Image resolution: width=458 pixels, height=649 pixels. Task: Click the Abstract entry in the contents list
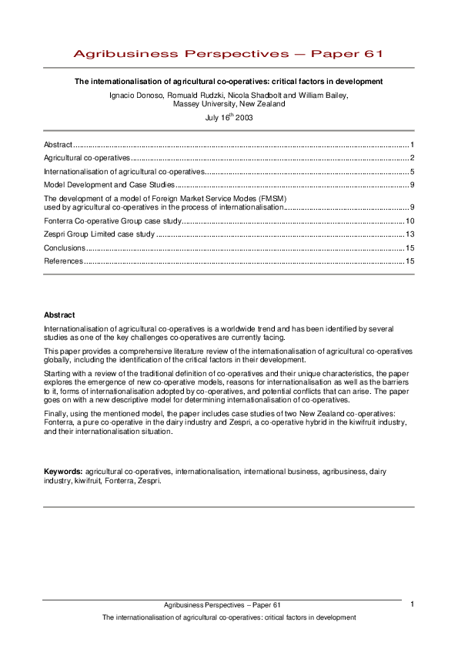[x=58, y=144]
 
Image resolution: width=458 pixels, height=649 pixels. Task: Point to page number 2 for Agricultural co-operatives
[x=413, y=157]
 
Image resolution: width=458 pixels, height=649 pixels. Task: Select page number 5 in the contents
[x=413, y=171]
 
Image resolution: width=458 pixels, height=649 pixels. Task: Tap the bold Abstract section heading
[x=59, y=314]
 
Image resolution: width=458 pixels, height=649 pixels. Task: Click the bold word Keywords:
[x=63, y=469]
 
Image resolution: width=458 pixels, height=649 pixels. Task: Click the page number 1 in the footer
[x=413, y=604]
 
